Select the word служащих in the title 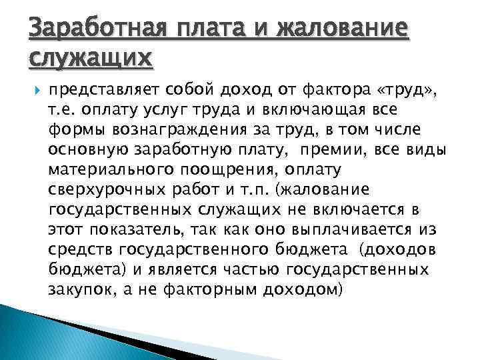pyautogui.click(x=91, y=59)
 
